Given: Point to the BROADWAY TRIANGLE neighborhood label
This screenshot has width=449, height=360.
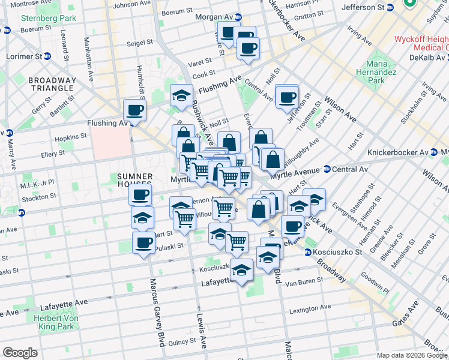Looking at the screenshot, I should [52, 85].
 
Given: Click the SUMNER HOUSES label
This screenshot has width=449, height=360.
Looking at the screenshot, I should [136, 181].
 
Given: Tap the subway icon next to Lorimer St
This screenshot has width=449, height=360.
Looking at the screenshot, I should [47, 56].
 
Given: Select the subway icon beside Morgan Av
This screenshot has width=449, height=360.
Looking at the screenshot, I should [239, 17].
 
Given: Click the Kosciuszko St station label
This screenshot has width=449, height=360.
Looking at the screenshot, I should [339, 252].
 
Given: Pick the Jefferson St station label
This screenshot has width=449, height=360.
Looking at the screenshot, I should [363, 7].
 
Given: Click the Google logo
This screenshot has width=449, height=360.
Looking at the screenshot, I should [20, 353].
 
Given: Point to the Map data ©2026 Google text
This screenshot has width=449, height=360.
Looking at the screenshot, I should [412, 355].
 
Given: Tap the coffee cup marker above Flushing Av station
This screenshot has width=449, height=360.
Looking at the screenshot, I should [134, 110].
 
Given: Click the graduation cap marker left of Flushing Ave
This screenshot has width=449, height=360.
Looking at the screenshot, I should [181, 96].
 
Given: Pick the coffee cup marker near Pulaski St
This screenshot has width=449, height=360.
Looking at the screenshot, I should [143, 243].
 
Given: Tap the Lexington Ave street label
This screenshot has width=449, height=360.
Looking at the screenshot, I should [310, 310].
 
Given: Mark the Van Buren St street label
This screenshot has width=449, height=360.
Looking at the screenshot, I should [300, 283].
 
